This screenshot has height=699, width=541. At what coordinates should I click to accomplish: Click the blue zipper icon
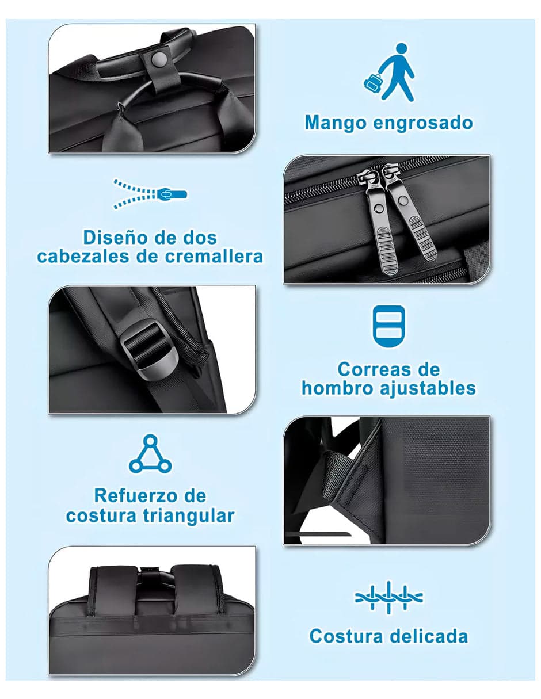[x=150, y=193]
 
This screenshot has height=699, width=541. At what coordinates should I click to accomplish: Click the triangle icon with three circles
[x=150, y=455]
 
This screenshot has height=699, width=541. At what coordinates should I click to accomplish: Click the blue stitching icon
[x=389, y=597]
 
